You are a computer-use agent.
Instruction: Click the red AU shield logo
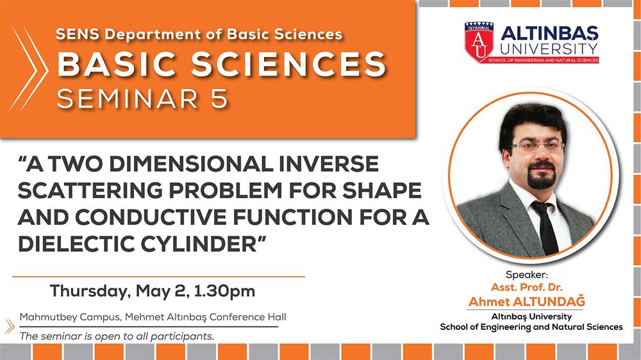tap(479, 42)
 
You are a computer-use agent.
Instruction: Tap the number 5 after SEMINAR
tap(219, 99)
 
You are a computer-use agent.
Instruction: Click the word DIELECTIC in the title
tap(77, 243)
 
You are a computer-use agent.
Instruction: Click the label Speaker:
tap(526, 275)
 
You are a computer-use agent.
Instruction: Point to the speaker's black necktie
tap(547, 227)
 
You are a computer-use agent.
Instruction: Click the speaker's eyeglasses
tap(537, 146)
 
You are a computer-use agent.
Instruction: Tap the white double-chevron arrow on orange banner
tap(29, 69)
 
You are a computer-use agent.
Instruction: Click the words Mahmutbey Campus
tap(70, 317)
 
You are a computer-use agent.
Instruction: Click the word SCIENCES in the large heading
tap(288, 65)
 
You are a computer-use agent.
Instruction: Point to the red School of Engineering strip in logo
tap(544, 60)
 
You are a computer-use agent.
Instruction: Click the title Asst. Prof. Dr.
tap(526, 287)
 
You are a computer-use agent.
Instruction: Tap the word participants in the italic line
tap(182, 337)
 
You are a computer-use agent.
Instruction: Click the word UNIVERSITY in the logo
tap(549, 49)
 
